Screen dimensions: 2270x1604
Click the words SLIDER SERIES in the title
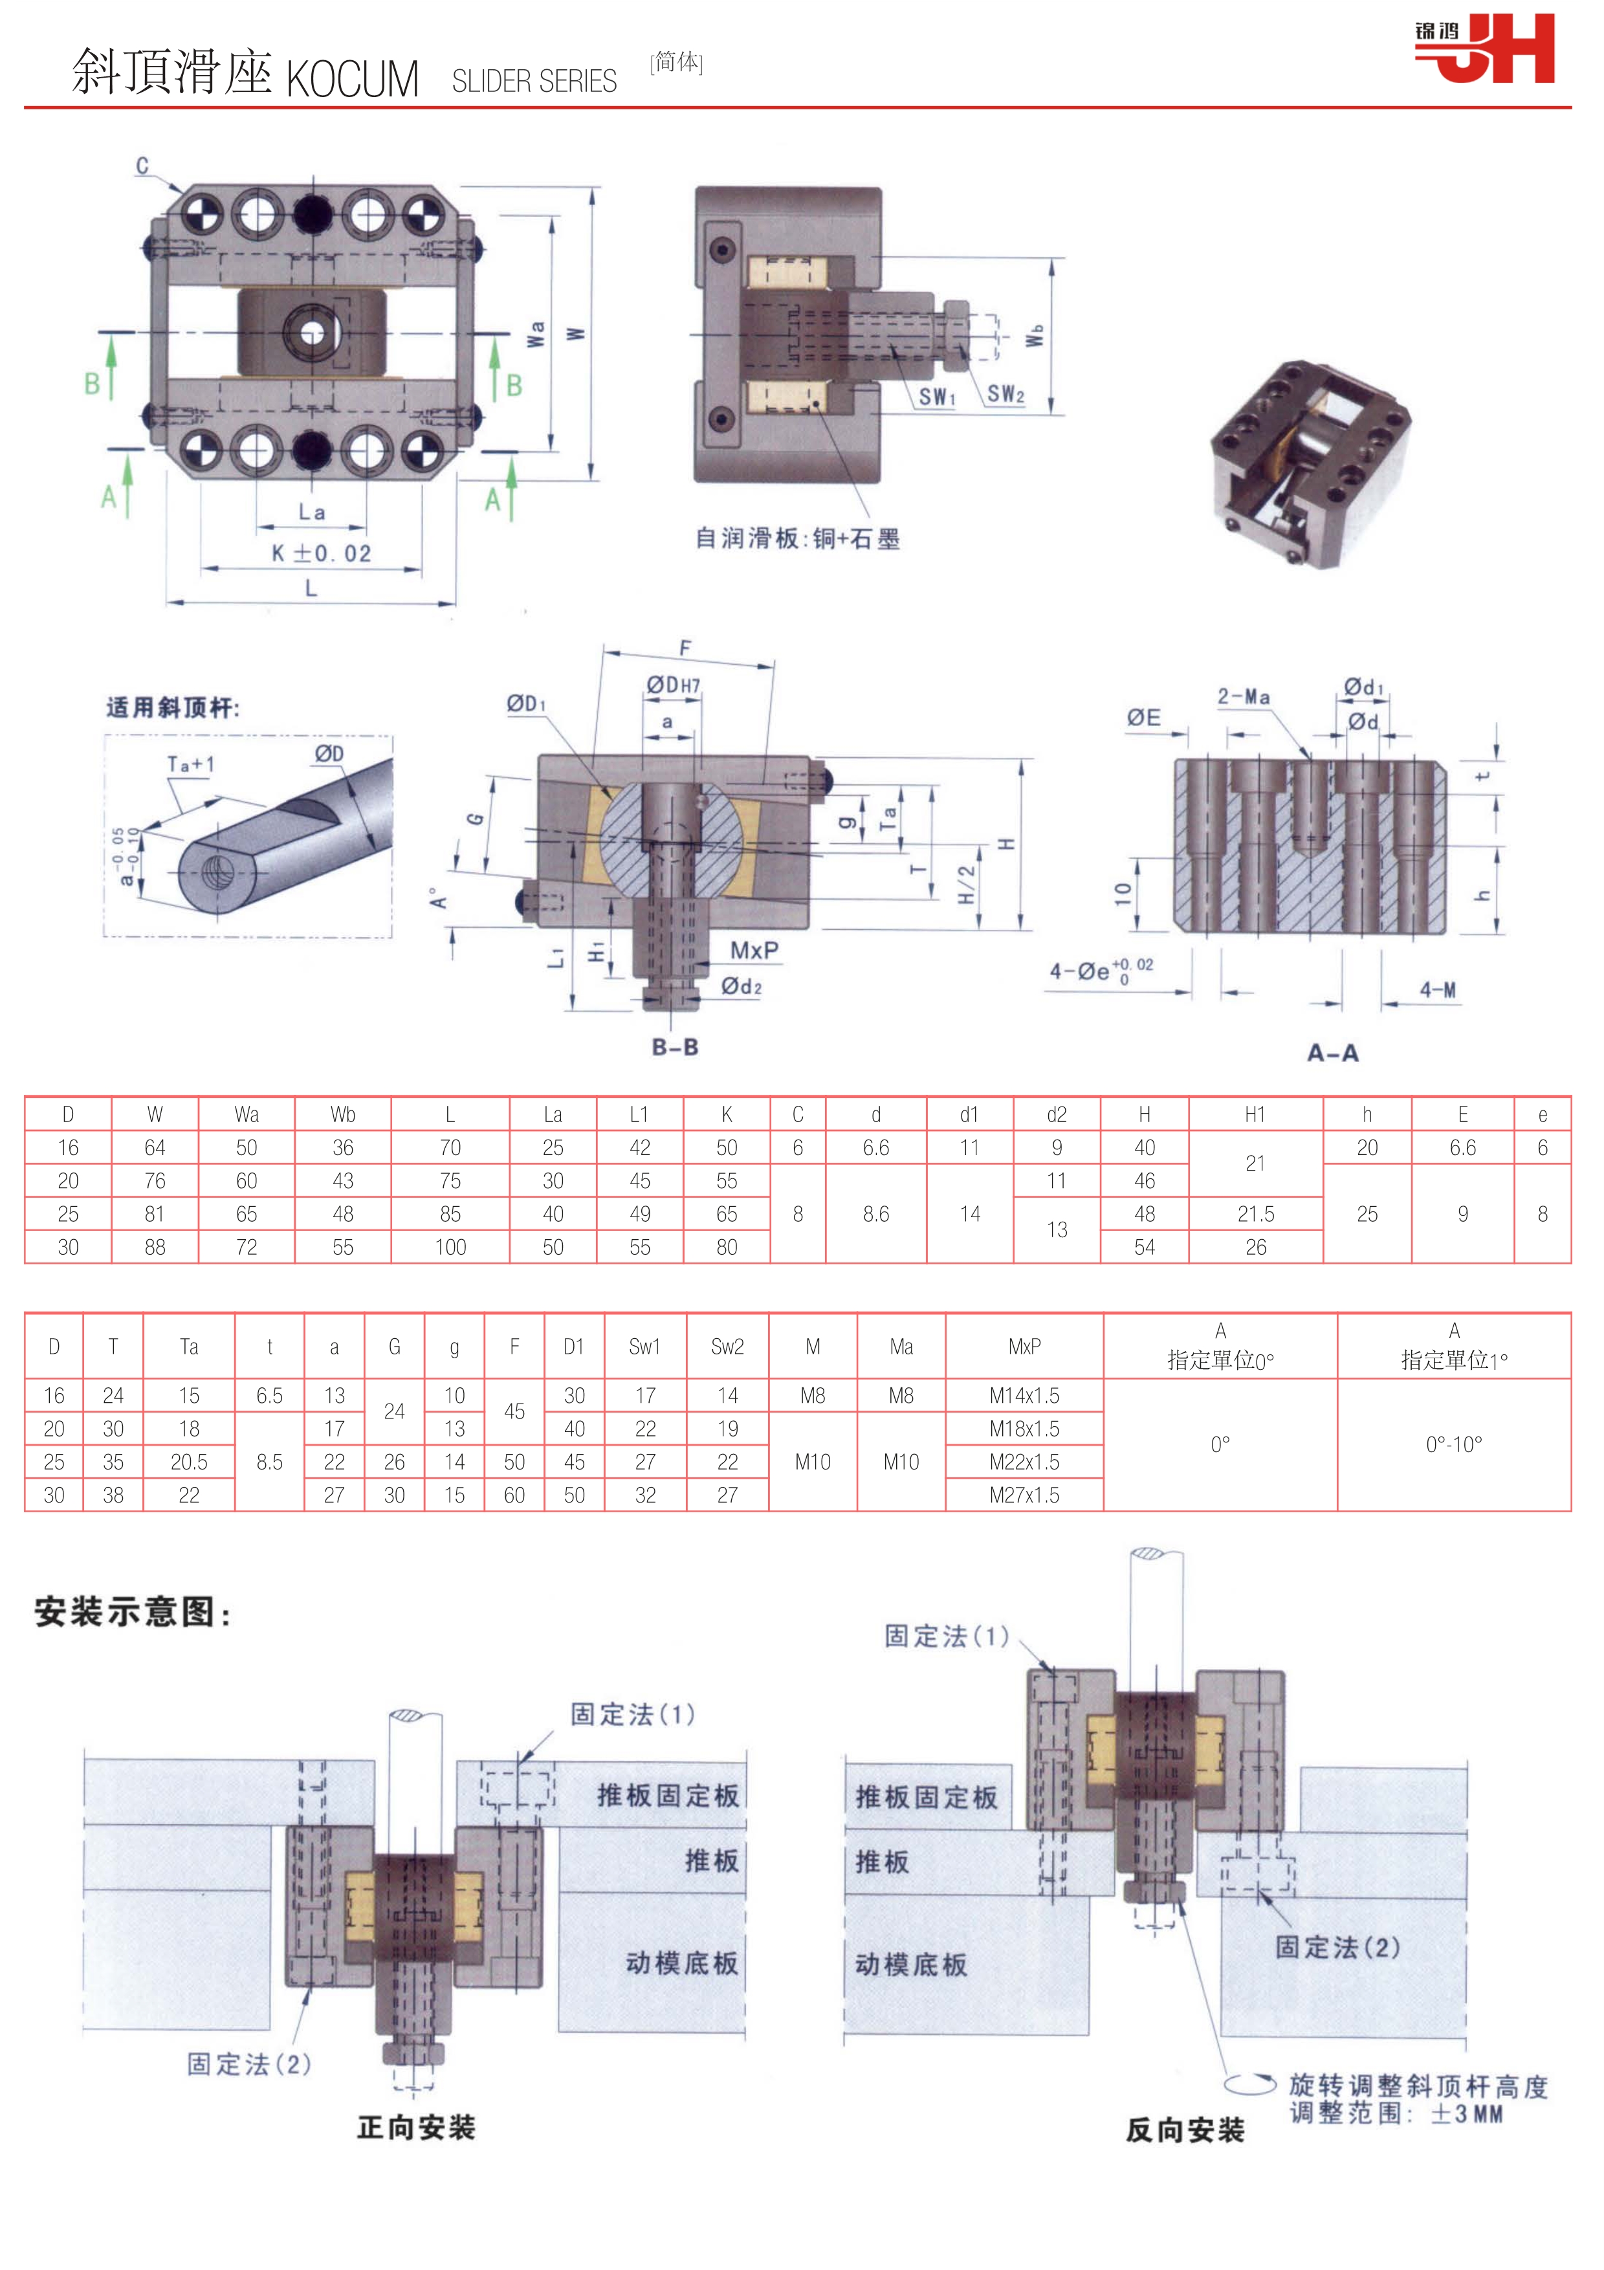534,81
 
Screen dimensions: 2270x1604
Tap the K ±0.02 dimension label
321,554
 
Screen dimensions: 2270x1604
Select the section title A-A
1332,1053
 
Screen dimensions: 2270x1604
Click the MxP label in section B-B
754,950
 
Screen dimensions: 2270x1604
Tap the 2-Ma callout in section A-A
1243,697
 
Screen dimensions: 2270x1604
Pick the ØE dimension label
1143,718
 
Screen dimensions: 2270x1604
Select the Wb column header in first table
343,1114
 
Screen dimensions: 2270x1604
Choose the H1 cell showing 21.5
1255,1214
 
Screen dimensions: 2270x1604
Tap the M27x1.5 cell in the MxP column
1024,1495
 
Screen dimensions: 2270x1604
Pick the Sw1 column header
644,1347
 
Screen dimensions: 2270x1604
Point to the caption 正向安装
416,2128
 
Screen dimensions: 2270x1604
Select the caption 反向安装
1184,2131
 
